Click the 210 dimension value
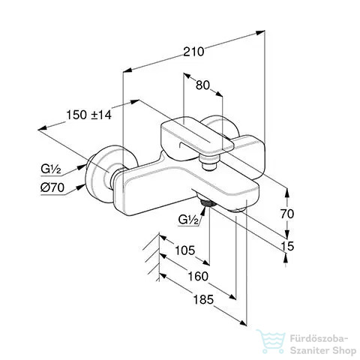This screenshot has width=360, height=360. tap(193, 52)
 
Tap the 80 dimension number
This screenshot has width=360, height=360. tap(202, 85)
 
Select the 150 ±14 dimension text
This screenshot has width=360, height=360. tap(88, 115)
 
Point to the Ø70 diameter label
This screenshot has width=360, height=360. tap(52, 187)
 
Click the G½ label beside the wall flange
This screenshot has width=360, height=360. tap(51, 169)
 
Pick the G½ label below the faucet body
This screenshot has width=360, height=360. tap(188, 220)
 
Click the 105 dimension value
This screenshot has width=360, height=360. tap(184, 250)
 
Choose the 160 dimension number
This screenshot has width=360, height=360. tap(198, 277)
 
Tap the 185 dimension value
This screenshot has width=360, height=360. tap(204, 299)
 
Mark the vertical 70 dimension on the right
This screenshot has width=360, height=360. tap(287, 214)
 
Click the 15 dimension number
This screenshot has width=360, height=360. tap(287, 246)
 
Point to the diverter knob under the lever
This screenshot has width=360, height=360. tap(209, 163)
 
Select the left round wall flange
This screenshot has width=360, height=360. tap(100, 174)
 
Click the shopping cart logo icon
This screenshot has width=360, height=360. tap(271, 341)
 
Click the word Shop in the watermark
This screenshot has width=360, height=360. tap(346, 351)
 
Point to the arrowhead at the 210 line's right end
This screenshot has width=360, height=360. tap(260, 32)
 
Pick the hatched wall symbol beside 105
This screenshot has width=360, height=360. tap(151, 257)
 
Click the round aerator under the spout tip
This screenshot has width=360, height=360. tap(239, 210)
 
